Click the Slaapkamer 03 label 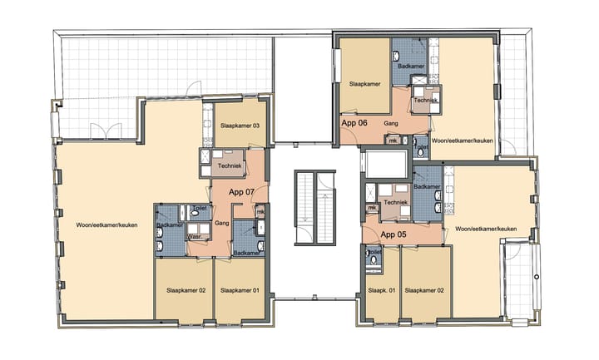point(240,126)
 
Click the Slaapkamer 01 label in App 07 point(240,291)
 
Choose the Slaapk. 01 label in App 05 point(381,291)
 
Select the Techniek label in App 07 point(229,166)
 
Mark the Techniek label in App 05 point(395,202)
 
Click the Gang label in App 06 point(389,123)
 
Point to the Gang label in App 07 point(221,224)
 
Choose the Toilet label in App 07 point(199,208)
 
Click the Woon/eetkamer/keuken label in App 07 point(106,225)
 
